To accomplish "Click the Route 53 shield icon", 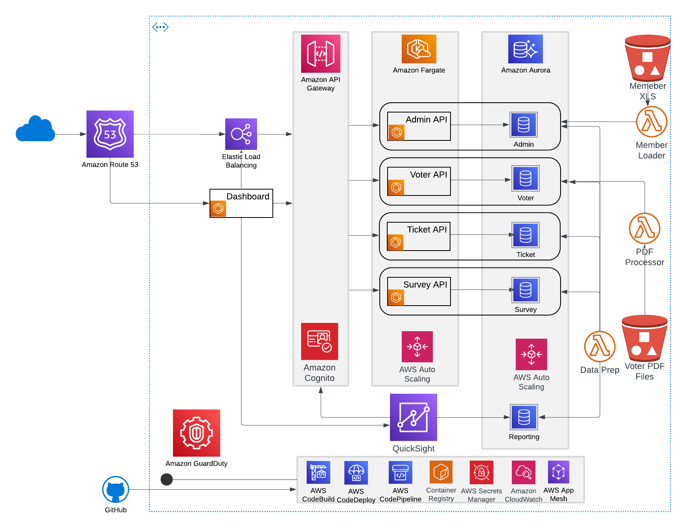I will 110,134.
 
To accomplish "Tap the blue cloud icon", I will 35,129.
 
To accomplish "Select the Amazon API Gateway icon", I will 320,53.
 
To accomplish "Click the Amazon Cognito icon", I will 319,341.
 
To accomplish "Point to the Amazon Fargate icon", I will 419,49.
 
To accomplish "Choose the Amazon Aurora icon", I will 525,49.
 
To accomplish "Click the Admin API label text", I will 426,120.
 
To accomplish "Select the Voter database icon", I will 525,179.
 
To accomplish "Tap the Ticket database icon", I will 525,235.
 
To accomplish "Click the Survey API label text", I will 425,284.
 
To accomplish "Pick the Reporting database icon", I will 524,417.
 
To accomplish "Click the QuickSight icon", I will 413,417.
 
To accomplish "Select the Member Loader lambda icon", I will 651,122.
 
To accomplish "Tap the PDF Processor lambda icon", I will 644,229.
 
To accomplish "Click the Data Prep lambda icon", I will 599,347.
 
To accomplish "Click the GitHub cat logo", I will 116,490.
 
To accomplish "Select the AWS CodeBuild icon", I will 318,472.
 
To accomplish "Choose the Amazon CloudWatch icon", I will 523,472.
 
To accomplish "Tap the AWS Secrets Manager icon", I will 481,472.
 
